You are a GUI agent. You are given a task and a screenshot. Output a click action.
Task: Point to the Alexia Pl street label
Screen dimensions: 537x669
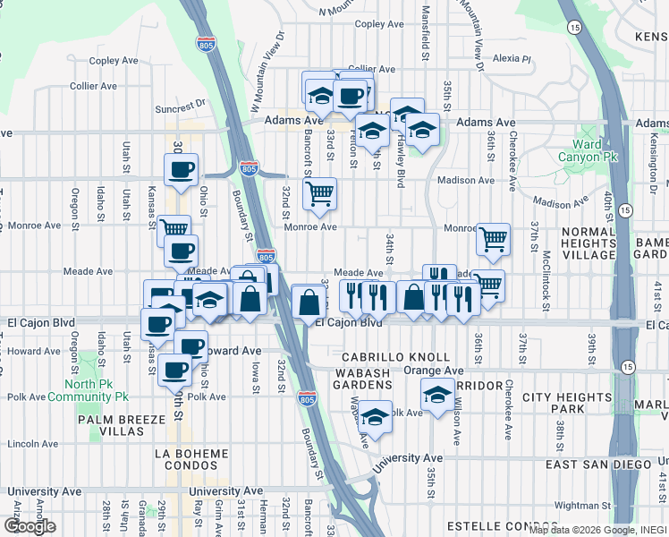point(512,58)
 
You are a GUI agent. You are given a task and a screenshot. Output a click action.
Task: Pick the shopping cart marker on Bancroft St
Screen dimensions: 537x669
point(319,193)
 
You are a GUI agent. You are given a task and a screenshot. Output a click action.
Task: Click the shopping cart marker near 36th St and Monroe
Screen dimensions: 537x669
point(493,239)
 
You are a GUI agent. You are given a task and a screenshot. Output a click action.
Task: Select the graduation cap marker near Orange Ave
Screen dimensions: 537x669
point(436,393)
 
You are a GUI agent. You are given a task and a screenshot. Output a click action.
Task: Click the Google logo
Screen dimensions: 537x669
point(30,525)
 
